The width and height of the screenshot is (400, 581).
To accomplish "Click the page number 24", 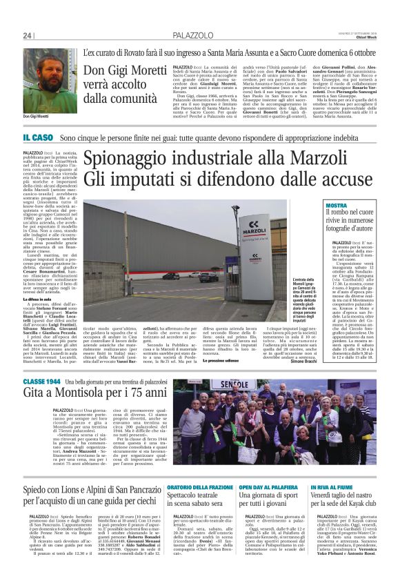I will [x=28, y=35].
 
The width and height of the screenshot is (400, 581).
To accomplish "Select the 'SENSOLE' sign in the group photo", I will [x=252, y=384].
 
